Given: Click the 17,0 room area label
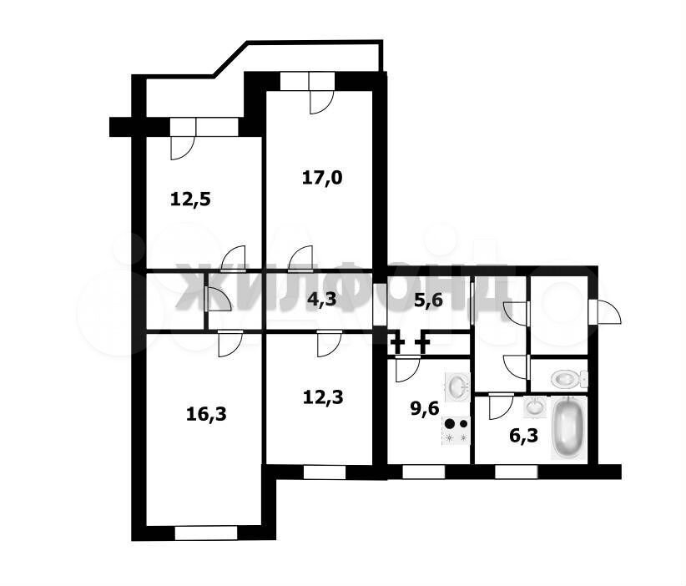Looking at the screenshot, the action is click(322, 179).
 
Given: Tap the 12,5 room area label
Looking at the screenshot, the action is click(190, 200).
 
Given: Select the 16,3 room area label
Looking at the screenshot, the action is click(206, 413).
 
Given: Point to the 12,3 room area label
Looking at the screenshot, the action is click(323, 397).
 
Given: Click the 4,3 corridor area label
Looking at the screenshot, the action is click(321, 300).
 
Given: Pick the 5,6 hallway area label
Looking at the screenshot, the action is click(428, 301).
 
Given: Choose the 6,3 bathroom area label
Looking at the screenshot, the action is click(524, 436).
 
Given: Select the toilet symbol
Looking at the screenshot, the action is click(569, 378).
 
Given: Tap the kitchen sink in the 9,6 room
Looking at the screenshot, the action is click(457, 386).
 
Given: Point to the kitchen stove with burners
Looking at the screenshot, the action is click(456, 431).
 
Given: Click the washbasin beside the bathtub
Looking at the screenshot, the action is click(535, 407).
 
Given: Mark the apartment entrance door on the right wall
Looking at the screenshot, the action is click(604, 311).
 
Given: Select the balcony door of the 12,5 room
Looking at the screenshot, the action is click(183, 139).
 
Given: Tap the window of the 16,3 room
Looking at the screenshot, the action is click(206, 533).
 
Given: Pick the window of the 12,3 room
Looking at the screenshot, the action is click(324, 472).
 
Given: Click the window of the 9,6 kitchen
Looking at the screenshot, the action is click(423, 472).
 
